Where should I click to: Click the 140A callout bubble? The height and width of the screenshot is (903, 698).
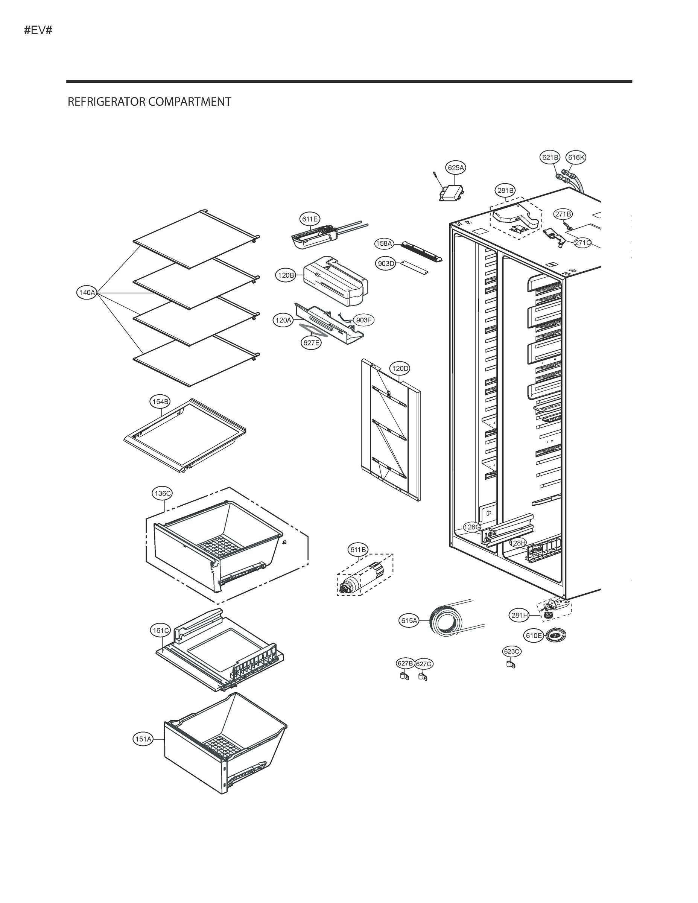pyautogui.click(x=87, y=293)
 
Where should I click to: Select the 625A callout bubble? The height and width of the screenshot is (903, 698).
pyautogui.click(x=456, y=168)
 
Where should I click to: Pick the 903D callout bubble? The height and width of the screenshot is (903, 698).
pyautogui.click(x=386, y=264)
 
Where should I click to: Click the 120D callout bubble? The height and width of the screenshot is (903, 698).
pyautogui.click(x=400, y=368)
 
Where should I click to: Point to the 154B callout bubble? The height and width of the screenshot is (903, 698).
pyautogui.click(x=160, y=401)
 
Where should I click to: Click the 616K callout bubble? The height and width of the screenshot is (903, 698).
pyautogui.click(x=576, y=158)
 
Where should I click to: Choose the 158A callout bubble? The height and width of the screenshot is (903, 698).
pyautogui.click(x=384, y=243)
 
